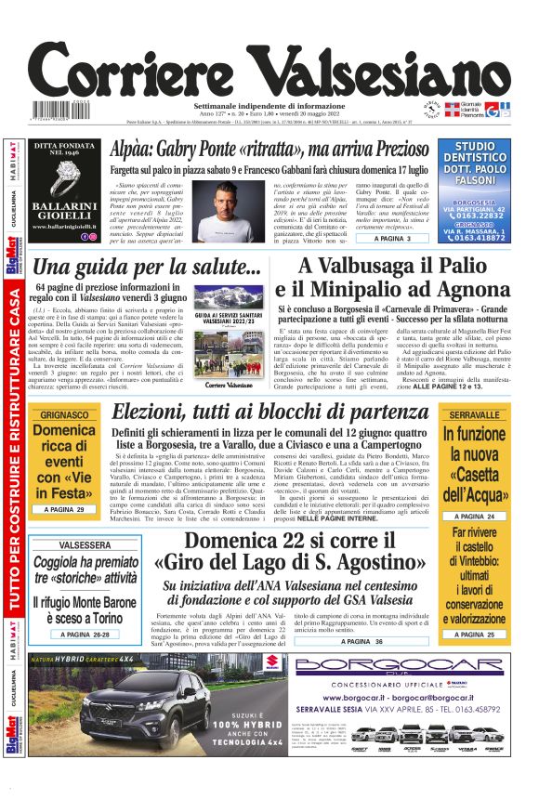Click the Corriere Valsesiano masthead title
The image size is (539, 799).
point(269,71)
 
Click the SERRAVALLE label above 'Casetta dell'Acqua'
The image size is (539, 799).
point(474,414)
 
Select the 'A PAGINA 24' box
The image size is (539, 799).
point(474,516)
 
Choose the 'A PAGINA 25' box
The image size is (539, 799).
point(474,634)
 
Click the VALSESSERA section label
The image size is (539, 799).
point(84,544)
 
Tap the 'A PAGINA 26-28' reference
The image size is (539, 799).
point(84,634)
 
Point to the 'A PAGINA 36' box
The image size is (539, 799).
point(360,641)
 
